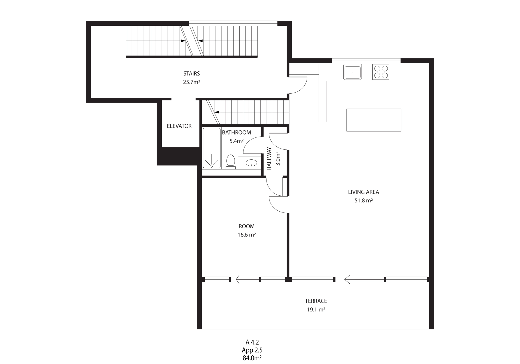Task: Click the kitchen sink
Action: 352,72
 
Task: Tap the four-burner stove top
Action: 381,72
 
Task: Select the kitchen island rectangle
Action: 374,120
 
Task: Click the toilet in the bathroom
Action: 230,162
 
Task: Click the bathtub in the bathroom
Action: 212,148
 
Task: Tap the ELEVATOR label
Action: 179,126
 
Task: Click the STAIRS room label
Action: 191,73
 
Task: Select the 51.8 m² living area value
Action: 363,201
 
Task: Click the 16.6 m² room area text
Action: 246,235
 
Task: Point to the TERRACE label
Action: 316,301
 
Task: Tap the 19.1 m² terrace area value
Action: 316,310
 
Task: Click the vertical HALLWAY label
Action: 269,159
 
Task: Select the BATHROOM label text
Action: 236,132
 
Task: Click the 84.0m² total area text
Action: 252,358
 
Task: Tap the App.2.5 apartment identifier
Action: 252,350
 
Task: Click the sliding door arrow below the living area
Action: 364,279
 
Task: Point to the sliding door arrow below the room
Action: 247,279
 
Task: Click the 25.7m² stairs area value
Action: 191,82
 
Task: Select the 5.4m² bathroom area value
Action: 236,141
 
